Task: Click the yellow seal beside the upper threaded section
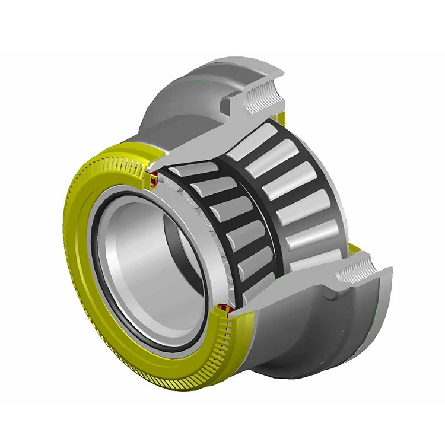(281, 117)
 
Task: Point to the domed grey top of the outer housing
(196, 83)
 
